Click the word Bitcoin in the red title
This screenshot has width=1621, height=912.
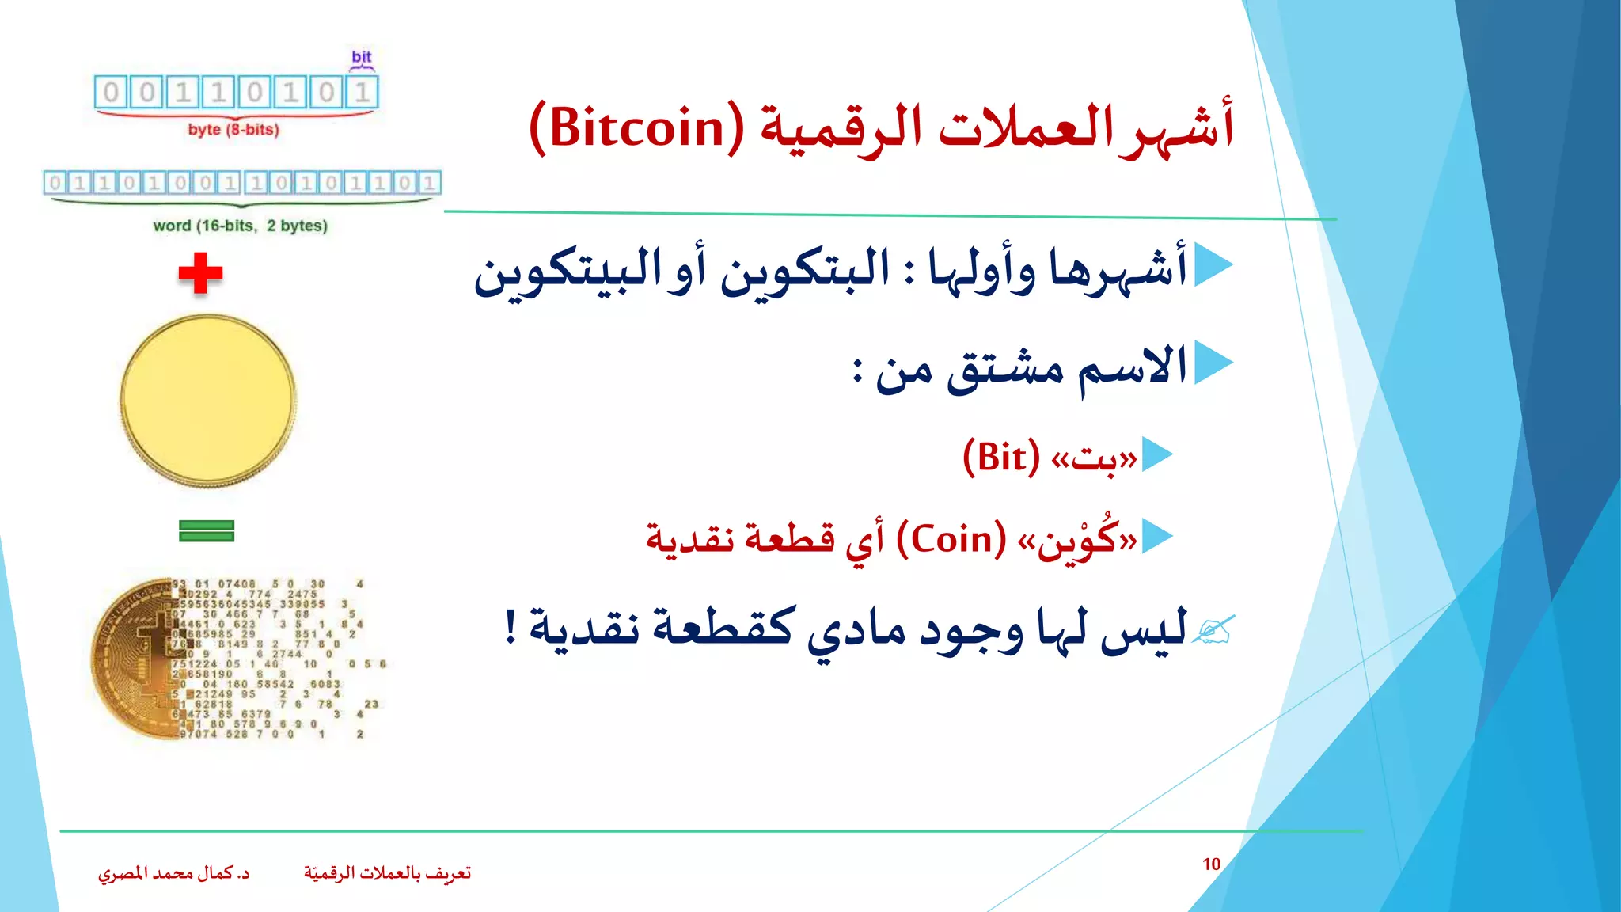pyautogui.click(x=637, y=128)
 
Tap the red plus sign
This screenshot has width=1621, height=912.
pyautogui.click(x=200, y=273)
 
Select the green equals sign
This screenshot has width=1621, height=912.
pyautogui.click(x=207, y=530)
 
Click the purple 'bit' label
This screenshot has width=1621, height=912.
pyautogui.click(x=362, y=57)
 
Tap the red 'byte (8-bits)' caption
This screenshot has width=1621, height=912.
pyautogui.click(x=233, y=130)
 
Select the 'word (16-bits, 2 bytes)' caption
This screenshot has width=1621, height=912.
pyautogui.click(x=240, y=226)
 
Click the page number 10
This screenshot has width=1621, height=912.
pyautogui.click(x=1211, y=864)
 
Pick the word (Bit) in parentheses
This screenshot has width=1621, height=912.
pyautogui.click(x=1000, y=458)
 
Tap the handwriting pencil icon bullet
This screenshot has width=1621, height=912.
pyautogui.click(x=1214, y=630)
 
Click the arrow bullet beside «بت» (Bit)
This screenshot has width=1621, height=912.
pyautogui.click(x=1157, y=455)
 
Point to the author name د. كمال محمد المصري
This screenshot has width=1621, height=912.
pyautogui.click(x=173, y=873)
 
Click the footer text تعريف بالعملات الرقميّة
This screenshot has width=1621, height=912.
pyautogui.click(x=387, y=873)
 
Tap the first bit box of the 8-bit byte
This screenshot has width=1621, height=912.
pyautogui.click(x=111, y=93)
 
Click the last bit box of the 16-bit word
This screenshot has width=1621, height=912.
pyautogui.click(x=429, y=184)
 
